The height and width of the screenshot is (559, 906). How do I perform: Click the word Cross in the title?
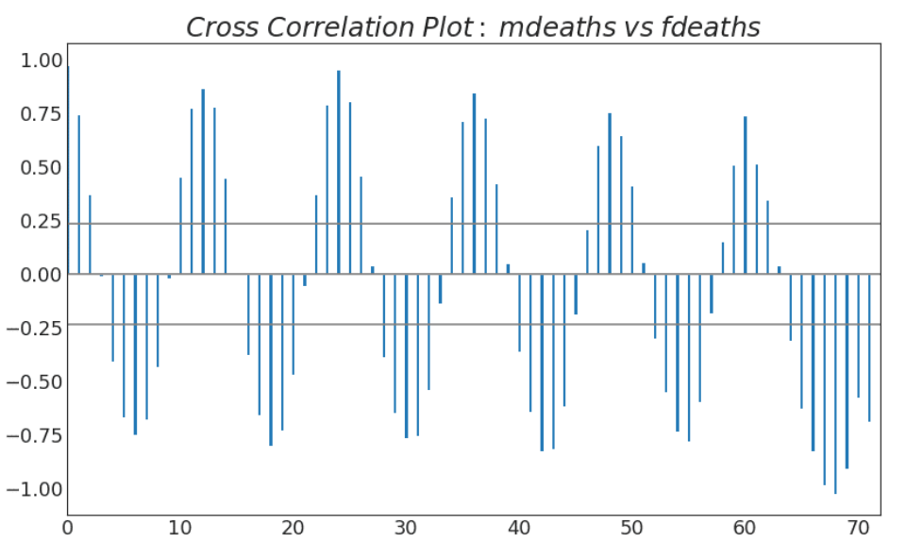coord(218,27)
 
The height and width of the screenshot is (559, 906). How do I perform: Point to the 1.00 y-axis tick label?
coord(35,60)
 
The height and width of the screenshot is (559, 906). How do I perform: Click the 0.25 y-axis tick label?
coord(35,222)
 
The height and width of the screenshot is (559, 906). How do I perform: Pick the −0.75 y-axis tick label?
coord(30,436)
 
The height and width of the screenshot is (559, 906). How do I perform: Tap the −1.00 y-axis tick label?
coord(30,489)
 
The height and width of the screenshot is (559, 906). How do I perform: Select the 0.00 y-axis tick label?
coord(35,275)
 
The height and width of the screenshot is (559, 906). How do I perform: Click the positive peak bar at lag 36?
coord(474,183)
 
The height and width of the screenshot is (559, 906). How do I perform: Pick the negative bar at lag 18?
coord(271,359)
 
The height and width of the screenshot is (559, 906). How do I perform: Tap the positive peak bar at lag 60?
coord(745,195)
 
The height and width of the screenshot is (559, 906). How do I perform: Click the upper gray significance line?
coord(472,224)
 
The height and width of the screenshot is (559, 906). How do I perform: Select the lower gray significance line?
coord(472,324)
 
